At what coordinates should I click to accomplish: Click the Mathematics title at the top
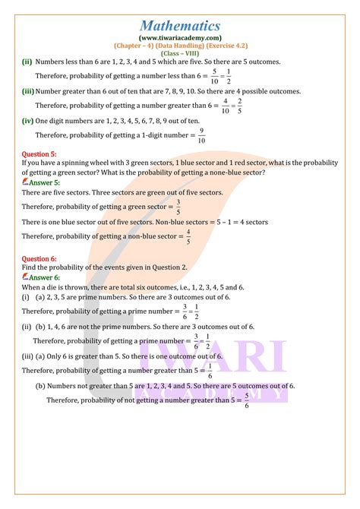(180, 17)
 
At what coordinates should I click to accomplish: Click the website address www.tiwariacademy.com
(180, 36)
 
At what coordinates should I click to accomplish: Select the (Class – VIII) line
(180, 53)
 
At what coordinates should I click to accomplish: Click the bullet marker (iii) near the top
(27, 91)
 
